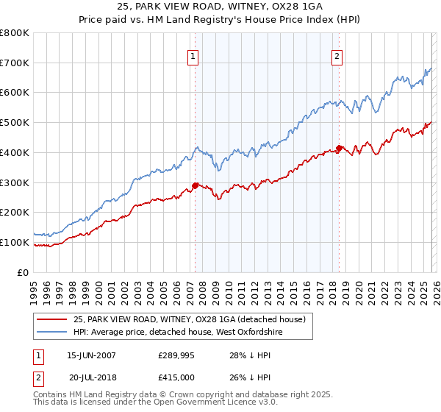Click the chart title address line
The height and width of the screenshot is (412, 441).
point(220,6)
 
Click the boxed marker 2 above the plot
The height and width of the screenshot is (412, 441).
point(337,56)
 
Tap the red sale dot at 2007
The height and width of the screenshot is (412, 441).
point(195,185)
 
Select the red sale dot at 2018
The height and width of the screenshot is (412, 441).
point(339,149)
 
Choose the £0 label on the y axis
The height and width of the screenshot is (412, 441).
point(24,272)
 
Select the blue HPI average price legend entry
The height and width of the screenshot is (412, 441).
point(177,333)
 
